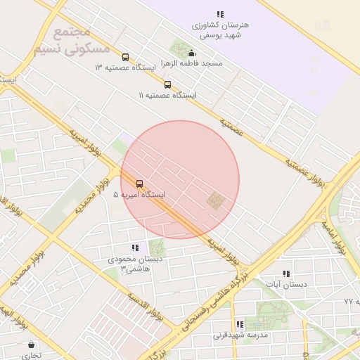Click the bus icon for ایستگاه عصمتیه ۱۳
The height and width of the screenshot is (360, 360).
125,58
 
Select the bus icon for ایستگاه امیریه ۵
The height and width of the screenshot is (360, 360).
139,184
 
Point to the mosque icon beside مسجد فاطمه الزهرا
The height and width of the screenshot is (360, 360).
192,53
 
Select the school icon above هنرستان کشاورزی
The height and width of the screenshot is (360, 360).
220,14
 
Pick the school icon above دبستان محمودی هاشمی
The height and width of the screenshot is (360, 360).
134,247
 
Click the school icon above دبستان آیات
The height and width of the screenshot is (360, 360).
286,274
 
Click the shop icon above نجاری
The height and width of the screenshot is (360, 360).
31,345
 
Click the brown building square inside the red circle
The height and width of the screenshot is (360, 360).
215,201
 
